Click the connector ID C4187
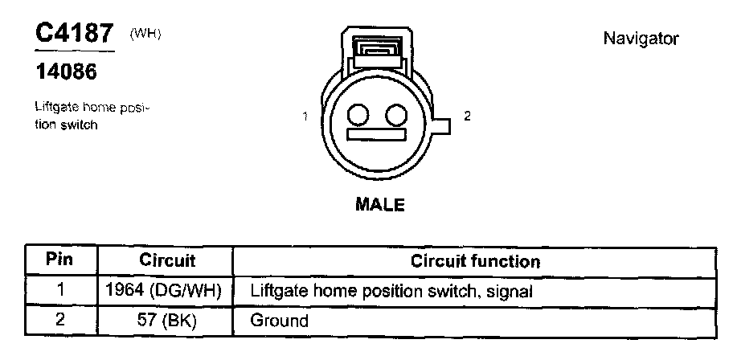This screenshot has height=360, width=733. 73,34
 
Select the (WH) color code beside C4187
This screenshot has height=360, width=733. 145,33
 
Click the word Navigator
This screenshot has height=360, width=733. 641,39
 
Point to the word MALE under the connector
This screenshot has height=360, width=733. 379,204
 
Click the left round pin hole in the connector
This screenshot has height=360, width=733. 359,116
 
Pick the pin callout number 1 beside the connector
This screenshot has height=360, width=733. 306,117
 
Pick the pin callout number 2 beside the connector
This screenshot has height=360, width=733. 467,116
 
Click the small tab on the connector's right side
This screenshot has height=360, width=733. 441,125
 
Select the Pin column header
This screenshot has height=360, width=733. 59,261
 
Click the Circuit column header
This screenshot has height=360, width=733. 168,261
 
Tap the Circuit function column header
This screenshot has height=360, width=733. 475,261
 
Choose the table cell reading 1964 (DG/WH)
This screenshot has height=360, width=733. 168,291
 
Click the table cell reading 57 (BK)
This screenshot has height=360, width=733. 168,321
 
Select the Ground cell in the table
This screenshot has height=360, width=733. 280,321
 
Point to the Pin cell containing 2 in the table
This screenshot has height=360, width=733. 59,321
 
